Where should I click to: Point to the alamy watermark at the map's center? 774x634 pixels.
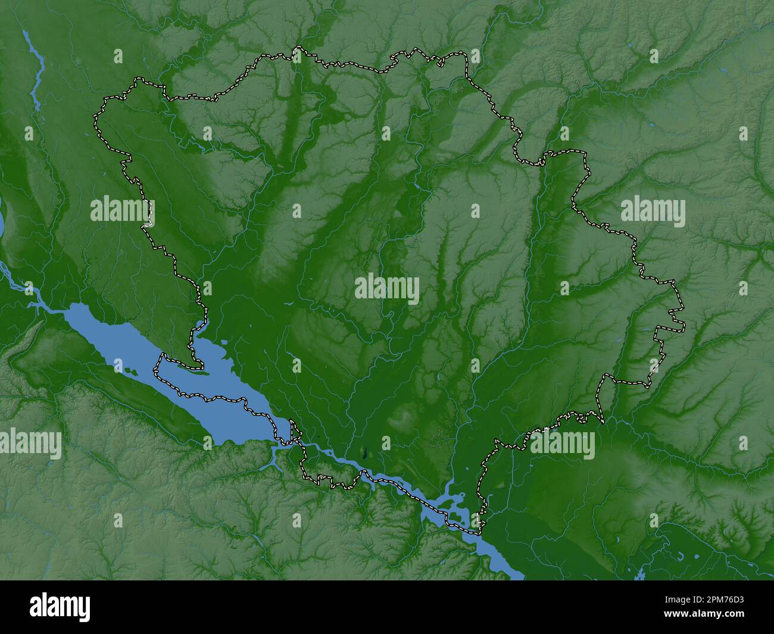click(x=387, y=289)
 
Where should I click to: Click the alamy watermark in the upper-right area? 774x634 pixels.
click(x=653, y=213)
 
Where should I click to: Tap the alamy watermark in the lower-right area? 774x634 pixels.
click(x=562, y=445)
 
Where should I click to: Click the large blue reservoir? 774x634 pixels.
click(x=179, y=381)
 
